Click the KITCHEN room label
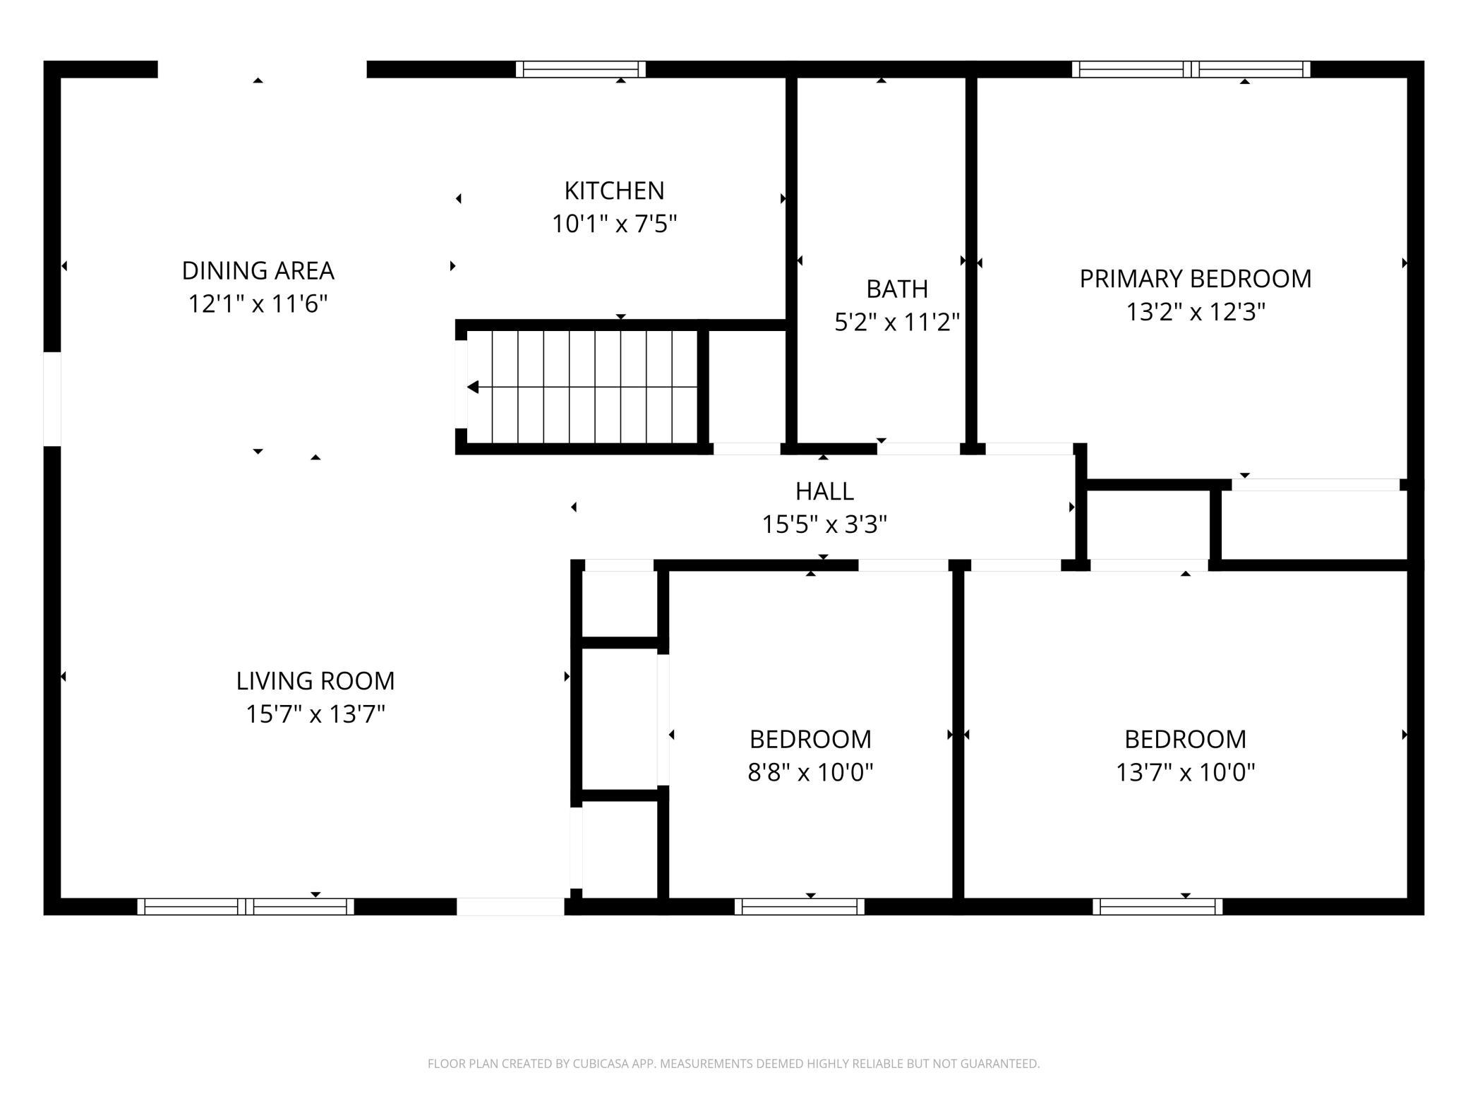pyautogui.click(x=614, y=191)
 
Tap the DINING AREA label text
pyautogui.click(x=258, y=270)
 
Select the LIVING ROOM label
pyautogui.click(x=315, y=680)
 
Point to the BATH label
pyautogui.click(x=897, y=289)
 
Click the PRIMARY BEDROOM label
pyautogui.click(x=1196, y=279)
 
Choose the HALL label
pyautogui.click(x=824, y=491)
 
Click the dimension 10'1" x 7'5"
pyautogui.click(x=614, y=224)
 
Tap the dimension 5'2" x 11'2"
pyautogui.click(x=897, y=322)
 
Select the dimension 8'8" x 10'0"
pyautogui.click(x=810, y=772)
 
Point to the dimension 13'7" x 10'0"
pyautogui.click(x=1185, y=772)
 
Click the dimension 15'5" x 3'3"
pyautogui.click(x=824, y=524)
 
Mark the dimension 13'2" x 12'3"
pyautogui.click(x=1196, y=311)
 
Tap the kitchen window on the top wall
pyautogui.click(x=581, y=69)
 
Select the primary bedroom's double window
pyautogui.click(x=1191, y=69)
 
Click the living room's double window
pyautogui.click(x=246, y=906)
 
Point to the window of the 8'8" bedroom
pyautogui.click(x=800, y=906)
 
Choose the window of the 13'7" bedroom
pyautogui.click(x=1157, y=906)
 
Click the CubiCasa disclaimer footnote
pyautogui.click(x=734, y=1064)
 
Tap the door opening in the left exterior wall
pyautogui.click(x=52, y=399)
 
